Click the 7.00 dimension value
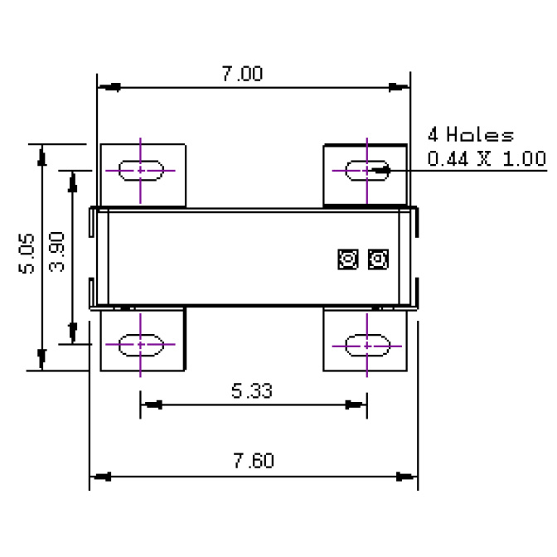(242, 74)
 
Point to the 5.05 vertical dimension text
(27, 254)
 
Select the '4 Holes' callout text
(470, 135)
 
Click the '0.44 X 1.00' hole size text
(487, 158)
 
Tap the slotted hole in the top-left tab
(142, 171)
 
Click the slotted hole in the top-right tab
(366, 169)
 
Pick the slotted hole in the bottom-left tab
(142, 344)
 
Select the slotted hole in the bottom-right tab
(366, 344)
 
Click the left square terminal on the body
(346, 259)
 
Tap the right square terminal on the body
(377, 259)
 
